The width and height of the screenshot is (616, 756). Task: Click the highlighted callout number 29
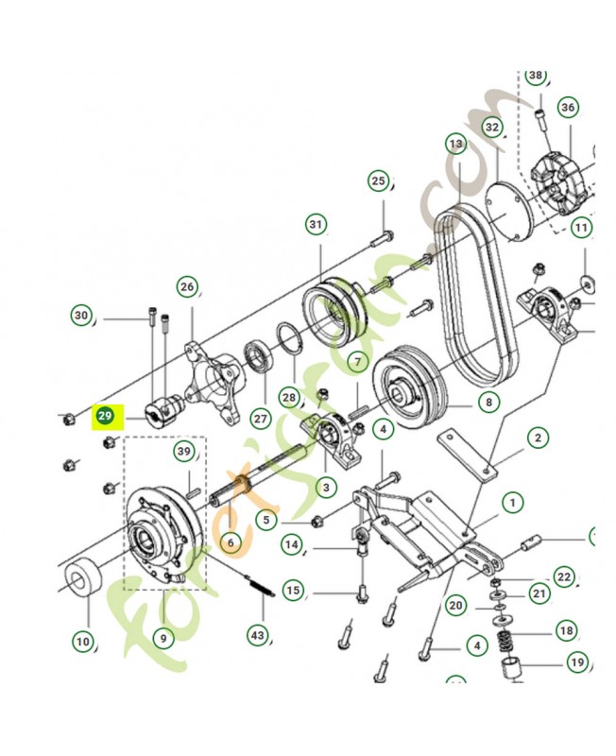point(104,416)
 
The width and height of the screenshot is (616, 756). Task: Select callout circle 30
point(81,316)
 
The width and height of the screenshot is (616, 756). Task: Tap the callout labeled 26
point(187,286)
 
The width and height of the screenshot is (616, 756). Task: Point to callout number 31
point(316,224)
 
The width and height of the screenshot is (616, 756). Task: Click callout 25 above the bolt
point(379,180)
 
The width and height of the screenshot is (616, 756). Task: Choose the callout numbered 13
point(457,145)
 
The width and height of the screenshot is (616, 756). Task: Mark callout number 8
point(488,403)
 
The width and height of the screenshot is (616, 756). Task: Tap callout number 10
point(83,643)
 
